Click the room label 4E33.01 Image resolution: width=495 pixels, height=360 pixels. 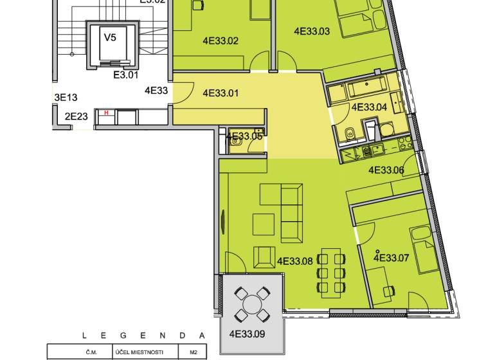[x=221, y=93]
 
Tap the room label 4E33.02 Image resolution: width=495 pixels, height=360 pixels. [x=221, y=41]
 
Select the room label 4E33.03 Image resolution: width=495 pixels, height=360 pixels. [x=312, y=31]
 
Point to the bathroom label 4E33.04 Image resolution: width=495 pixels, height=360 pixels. [x=369, y=107]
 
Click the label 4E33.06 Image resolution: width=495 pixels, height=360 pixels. [x=386, y=170]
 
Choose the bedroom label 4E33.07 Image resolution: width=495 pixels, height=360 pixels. [x=392, y=258]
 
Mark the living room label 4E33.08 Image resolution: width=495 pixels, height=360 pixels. [x=295, y=261]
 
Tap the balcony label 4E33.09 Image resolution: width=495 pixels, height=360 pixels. [x=247, y=334]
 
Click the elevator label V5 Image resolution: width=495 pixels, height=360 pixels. [x=111, y=37]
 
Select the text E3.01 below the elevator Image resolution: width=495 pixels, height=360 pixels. [x=126, y=75]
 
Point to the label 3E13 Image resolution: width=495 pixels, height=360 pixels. [x=66, y=98]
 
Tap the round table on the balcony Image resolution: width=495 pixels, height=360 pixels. [x=251, y=303]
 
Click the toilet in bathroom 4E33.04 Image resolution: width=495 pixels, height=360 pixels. [x=348, y=134]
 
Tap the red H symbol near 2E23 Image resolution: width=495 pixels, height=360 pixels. [x=106, y=113]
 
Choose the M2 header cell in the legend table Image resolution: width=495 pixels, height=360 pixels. [x=193, y=352]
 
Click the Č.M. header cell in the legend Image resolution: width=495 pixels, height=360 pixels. [x=89, y=352]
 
